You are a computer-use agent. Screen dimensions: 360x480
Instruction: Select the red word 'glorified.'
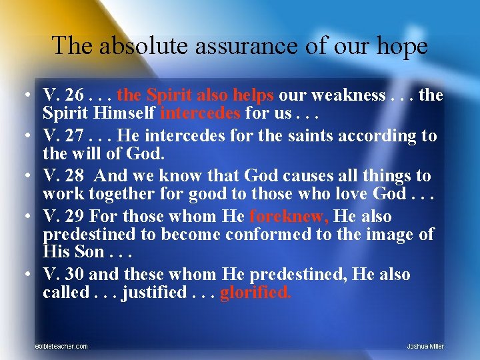pyautogui.click(x=255, y=293)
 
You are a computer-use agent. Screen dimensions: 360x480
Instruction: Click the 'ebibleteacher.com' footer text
pyautogui.click(x=61, y=346)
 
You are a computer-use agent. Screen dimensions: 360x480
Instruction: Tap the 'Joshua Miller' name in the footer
pyautogui.click(x=425, y=346)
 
